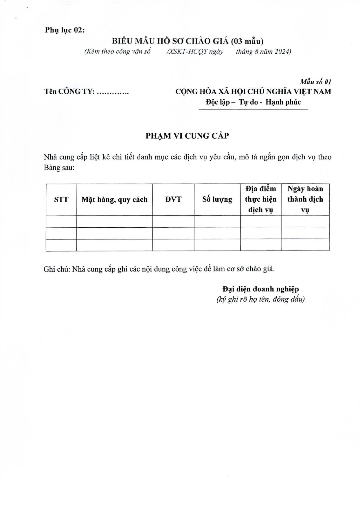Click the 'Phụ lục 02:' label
point(65,30)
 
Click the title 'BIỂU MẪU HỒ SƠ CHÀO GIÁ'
point(171,41)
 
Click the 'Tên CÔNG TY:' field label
point(69,92)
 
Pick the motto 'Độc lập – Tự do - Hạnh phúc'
point(253,102)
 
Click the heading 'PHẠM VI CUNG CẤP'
point(187,136)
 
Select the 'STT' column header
point(61,200)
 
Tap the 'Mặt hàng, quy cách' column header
point(114,200)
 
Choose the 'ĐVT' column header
point(173,200)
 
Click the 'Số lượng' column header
point(217,200)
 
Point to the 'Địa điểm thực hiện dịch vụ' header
point(260,199)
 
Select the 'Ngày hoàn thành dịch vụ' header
point(305,199)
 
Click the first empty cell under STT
point(61,222)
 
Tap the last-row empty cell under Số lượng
point(217,245)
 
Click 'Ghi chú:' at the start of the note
point(57,269)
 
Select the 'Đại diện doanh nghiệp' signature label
point(260,289)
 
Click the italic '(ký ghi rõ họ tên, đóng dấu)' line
point(260,299)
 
